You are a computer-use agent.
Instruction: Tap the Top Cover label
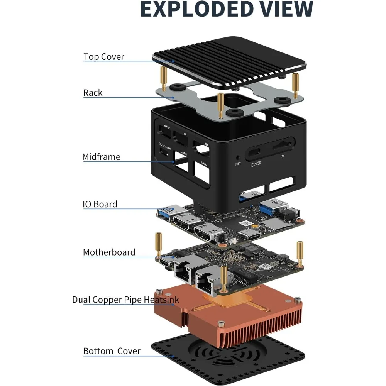[104, 57]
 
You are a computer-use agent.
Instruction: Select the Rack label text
[93, 93]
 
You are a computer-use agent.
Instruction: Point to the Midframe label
[101, 157]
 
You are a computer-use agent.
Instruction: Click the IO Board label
[100, 204]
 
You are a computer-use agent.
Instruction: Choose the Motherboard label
[109, 252]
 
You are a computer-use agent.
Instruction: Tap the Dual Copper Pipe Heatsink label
[125, 300]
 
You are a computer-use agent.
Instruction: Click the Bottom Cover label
[112, 351]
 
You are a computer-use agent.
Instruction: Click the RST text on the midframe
[238, 164]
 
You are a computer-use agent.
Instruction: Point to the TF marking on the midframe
[283, 157]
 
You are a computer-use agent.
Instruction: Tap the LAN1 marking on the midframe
[184, 154]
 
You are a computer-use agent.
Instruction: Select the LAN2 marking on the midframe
[205, 163]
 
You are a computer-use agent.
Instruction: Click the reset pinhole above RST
[238, 157]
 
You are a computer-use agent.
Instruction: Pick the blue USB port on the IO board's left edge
[165, 210]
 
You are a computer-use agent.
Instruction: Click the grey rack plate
[178, 96]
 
